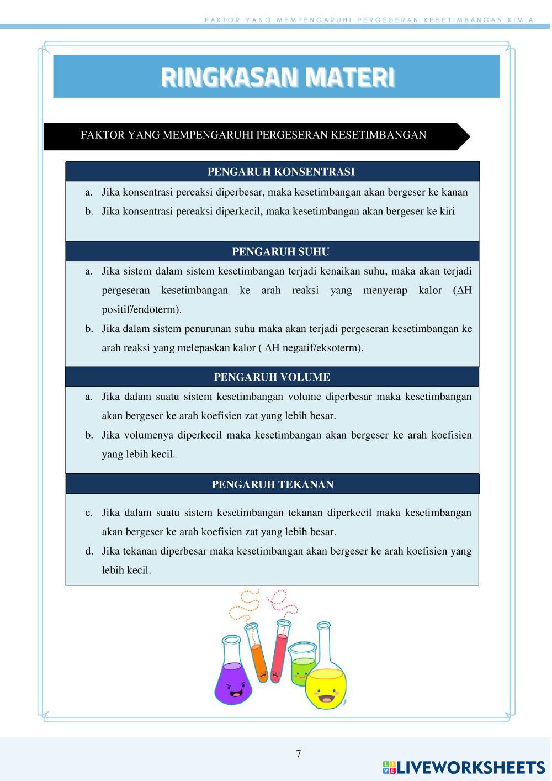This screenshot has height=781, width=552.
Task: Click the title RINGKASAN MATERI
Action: click(x=277, y=77)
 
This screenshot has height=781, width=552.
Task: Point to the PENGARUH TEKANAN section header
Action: click(x=273, y=484)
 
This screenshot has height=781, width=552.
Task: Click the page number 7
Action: click(x=299, y=754)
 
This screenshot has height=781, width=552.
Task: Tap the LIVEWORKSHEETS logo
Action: click(x=464, y=767)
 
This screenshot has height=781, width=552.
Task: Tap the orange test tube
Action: click(x=258, y=657)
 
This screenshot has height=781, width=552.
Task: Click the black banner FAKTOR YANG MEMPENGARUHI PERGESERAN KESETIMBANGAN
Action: click(x=253, y=135)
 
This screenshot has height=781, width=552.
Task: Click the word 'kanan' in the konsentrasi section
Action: click(x=455, y=192)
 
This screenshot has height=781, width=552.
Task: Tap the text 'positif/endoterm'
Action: click(x=141, y=309)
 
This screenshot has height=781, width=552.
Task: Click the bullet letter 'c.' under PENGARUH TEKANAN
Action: click(x=89, y=513)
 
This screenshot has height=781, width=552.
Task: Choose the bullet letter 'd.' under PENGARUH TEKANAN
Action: click(x=89, y=551)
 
